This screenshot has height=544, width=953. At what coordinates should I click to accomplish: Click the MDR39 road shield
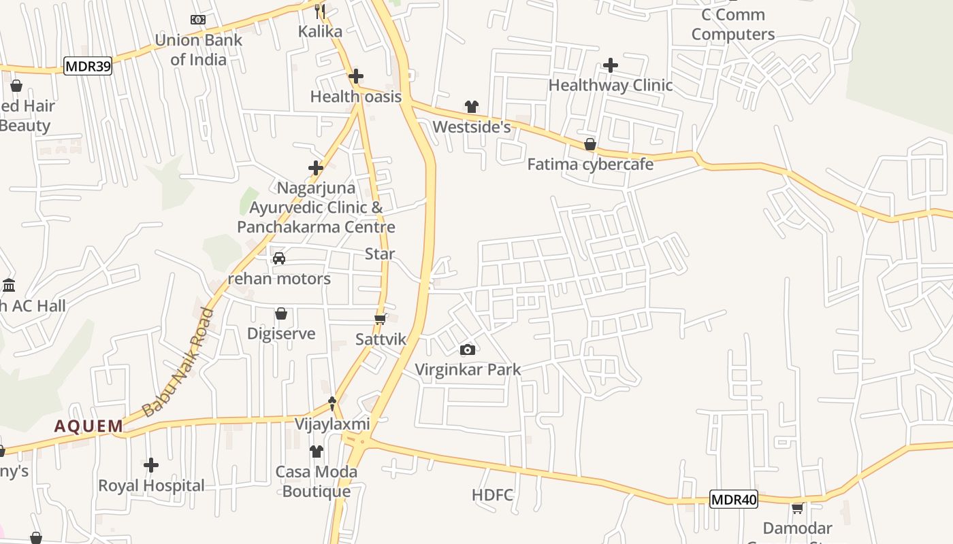click(x=87, y=66)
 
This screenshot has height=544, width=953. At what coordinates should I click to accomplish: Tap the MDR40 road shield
click(x=733, y=500)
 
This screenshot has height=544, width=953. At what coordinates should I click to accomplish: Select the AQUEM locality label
click(x=89, y=426)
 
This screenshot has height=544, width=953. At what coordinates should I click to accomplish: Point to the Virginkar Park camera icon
click(x=468, y=350)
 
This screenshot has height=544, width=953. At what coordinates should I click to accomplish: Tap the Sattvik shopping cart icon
click(x=381, y=319)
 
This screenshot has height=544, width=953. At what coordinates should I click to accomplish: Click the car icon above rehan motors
click(x=278, y=258)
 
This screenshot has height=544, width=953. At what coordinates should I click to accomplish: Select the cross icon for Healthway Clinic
click(x=611, y=65)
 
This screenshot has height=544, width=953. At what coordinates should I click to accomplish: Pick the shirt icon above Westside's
click(x=471, y=106)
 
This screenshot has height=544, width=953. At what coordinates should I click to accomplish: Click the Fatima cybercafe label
click(x=590, y=164)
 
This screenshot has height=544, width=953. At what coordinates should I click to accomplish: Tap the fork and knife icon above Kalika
click(x=320, y=11)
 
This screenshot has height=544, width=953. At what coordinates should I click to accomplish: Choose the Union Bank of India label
click(x=198, y=50)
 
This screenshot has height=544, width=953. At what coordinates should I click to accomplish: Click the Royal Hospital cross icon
click(x=151, y=465)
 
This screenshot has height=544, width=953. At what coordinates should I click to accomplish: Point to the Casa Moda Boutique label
click(x=317, y=481)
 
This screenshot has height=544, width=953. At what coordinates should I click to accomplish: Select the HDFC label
click(x=492, y=495)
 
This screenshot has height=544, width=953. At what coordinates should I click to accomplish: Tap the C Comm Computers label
click(x=732, y=24)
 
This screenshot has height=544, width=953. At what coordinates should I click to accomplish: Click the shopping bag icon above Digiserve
click(x=281, y=313)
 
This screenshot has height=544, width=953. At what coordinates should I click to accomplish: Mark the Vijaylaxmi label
click(x=332, y=424)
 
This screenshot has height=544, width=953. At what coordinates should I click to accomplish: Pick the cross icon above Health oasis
click(x=355, y=76)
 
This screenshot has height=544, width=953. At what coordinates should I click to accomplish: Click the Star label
click(x=380, y=254)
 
